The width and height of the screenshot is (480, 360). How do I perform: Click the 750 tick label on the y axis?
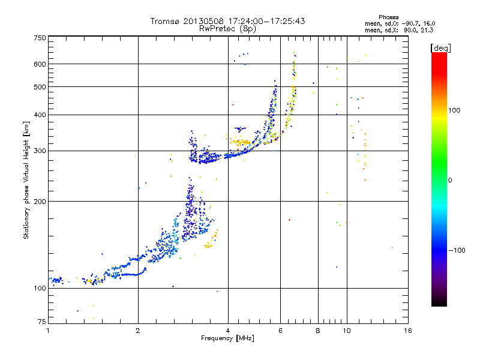coord(40,37)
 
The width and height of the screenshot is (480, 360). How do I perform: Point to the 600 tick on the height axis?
coord(40,64)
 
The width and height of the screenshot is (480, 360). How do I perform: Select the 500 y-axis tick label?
coord(40,86)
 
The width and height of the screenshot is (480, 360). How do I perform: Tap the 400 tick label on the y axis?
coord(40,115)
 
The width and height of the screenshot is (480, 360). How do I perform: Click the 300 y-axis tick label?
coord(40,151)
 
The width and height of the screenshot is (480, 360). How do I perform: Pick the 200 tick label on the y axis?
coord(40,201)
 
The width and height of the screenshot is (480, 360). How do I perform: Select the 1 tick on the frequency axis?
coord(48,330)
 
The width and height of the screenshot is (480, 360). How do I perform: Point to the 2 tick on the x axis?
coord(138,330)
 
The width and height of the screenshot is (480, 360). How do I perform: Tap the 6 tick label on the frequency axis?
coord(280,330)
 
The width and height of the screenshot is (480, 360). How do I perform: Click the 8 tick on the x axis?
coord(318,330)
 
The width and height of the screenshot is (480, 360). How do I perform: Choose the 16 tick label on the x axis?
coord(407,330)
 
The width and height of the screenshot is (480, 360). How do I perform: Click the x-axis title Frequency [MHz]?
coord(227,338)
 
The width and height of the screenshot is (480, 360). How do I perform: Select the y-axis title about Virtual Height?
coord(26,180)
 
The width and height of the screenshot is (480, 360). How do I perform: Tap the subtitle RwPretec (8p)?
coord(227,28)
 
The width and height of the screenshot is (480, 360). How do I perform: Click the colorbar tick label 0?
coord(451,180)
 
